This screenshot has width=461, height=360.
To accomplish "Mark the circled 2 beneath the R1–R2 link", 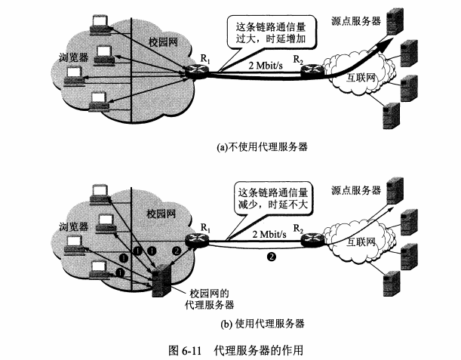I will click(x=270, y=258).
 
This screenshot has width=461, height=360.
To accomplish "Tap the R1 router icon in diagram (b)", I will click(x=198, y=238).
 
